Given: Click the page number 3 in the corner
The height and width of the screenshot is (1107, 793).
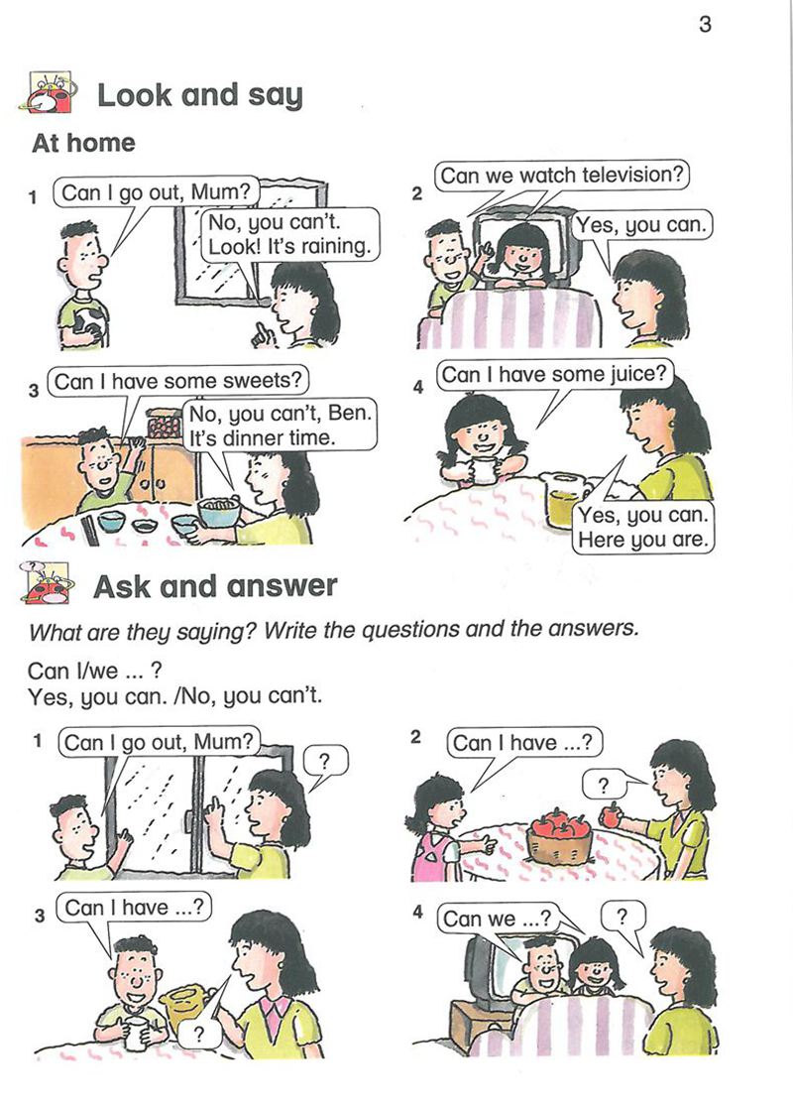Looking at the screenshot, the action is [x=705, y=25].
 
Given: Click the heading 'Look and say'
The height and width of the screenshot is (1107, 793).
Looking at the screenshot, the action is [x=199, y=95].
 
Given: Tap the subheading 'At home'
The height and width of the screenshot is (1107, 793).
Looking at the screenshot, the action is [x=83, y=143].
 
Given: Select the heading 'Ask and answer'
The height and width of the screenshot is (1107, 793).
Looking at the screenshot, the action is [x=215, y=586].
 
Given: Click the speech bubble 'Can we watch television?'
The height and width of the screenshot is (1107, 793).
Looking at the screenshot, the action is [x=562, y=176].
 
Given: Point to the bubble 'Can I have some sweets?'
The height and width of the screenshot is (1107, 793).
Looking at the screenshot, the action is [x=177, y=381].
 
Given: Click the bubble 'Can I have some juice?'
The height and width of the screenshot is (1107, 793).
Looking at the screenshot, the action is [x=554, y=374].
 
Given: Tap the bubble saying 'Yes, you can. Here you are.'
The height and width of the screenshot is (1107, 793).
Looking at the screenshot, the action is [x=641, y=528].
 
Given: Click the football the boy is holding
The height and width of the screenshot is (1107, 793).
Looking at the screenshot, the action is [x=90, y=325].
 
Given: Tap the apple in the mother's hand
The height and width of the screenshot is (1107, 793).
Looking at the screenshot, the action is [x=611, y=815].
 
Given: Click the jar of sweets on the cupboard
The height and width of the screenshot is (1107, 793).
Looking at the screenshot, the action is [x=164, y=424].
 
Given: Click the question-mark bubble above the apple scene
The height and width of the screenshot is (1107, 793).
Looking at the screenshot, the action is [x=604, y=785].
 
